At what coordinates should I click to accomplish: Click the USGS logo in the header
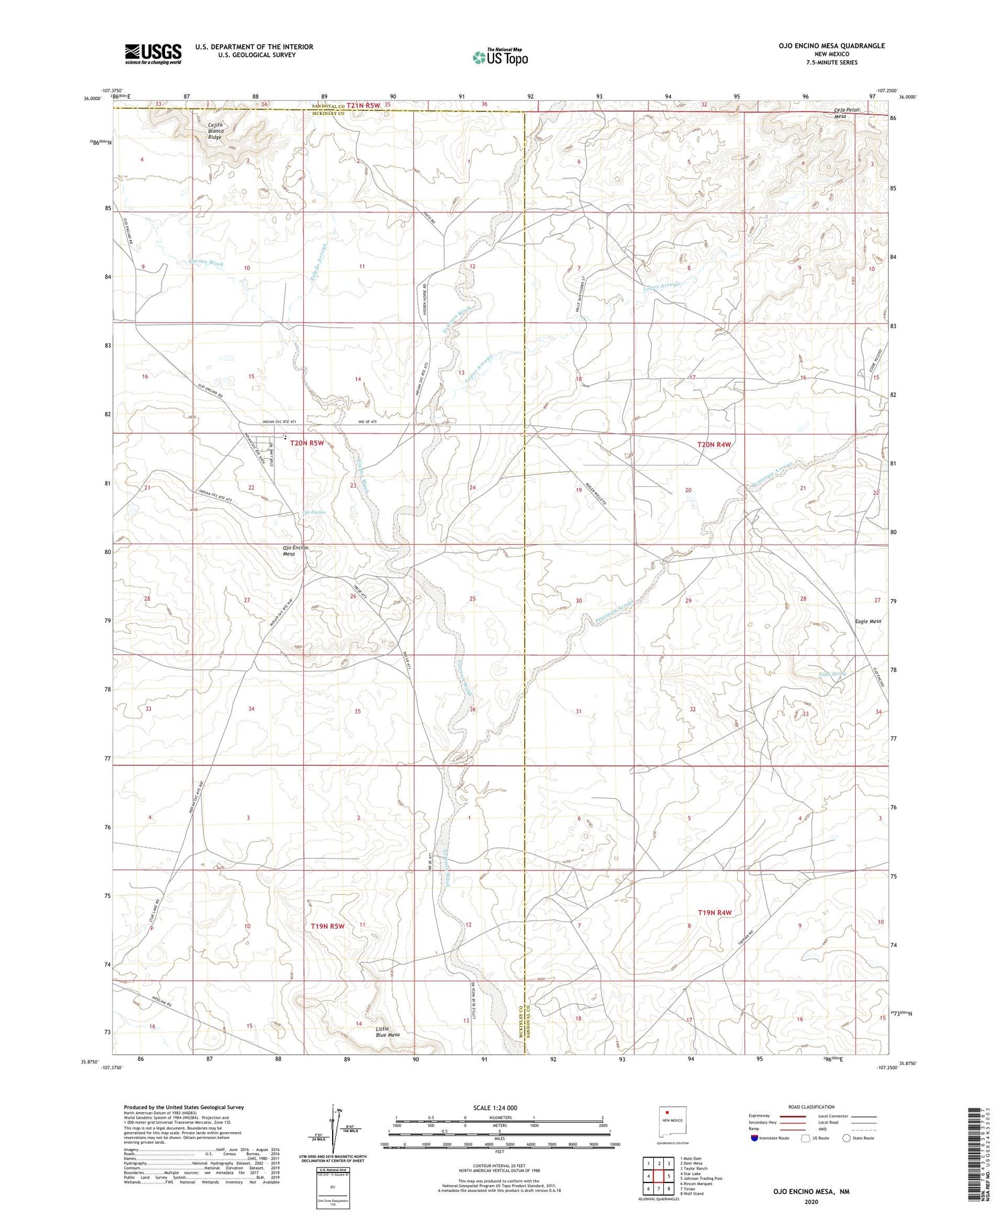point(153,54)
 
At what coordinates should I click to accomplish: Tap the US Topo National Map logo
point(500,57)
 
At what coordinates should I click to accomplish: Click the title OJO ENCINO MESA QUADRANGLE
point(831,46)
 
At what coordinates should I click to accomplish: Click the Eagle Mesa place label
point(867,621)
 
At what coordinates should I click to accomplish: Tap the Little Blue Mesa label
point(387,1032)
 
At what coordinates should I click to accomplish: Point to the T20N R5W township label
point(307,443)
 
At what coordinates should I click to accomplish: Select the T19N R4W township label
point(714,913)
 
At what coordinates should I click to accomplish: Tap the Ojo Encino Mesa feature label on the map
point(295,551)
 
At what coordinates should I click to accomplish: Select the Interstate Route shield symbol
point(754,1138)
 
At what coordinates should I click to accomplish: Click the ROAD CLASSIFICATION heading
point(811,1107)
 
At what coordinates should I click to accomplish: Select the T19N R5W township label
point(328,926)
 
